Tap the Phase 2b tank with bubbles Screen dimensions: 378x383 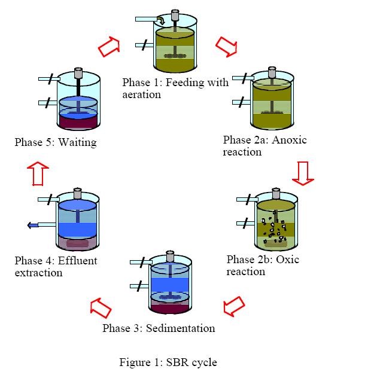click(275, 222)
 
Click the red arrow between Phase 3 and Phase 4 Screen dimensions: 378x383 click(101, 307)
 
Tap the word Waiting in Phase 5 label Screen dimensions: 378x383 click(77, 142)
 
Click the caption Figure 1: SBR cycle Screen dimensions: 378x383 click(168, 362)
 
